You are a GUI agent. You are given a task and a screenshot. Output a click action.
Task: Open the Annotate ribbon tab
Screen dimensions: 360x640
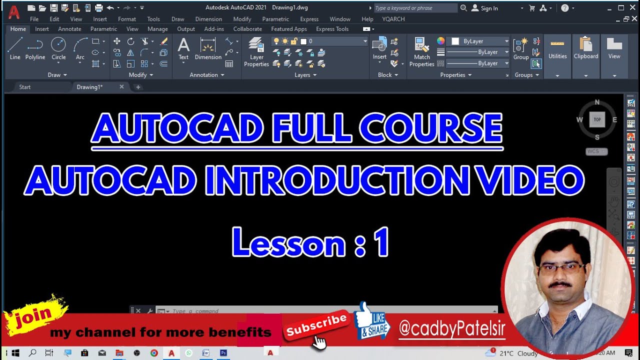click(69, 29)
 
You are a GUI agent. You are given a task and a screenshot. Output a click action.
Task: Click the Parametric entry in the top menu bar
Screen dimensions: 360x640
click(275, 19)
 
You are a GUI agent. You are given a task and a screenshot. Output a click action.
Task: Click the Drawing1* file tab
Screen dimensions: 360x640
click(89, 87)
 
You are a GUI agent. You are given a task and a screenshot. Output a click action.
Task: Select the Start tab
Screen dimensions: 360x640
click(25, 87)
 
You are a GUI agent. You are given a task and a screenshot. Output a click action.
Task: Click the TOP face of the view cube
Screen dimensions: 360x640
click(597, 119)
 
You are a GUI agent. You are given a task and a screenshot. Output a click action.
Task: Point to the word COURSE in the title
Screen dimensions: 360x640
click(430, 128)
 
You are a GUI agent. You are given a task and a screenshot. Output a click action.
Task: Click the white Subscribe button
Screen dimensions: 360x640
click(315, 325)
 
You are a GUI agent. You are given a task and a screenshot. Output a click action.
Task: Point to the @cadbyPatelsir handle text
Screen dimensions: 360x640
click(452, 329)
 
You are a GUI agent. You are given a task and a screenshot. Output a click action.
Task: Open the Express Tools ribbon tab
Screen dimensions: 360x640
click(332, 29)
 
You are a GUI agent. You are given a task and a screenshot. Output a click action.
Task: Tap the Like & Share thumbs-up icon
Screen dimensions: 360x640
click(371, 320)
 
